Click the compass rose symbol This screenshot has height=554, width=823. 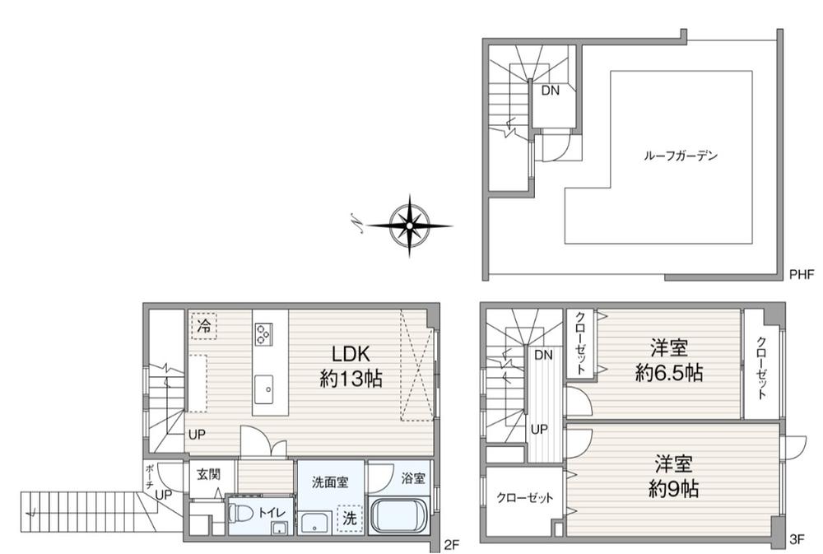click(x=409, y=226)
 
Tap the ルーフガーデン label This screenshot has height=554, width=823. click(x=681, y=156)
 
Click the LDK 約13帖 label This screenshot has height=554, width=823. click(x=351, y=366)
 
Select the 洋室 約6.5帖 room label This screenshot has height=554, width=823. click(x=668, y=361)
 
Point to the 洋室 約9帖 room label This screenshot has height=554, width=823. click(x=673, y=477)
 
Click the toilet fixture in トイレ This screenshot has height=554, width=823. click(x=240, y=513)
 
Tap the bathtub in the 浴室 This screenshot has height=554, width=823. click(x=400, y=515)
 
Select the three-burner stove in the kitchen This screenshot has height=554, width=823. click(x=263, y=334)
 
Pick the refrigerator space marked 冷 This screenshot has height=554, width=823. click(x=204, y=326)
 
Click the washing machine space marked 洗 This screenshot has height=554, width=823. click(x=350, y=519)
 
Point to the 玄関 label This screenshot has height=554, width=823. click(x=208, y=475)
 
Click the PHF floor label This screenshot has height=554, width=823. click(x=802, y=274)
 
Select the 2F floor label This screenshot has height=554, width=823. click(x=451, y=545)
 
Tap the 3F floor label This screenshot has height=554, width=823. click(x=797, y=539)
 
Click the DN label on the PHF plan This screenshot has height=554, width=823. click(x=550, y=91)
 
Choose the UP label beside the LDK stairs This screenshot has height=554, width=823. click(x=197, y=435)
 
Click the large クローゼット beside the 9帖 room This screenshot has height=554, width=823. click(x=525, y=498)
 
